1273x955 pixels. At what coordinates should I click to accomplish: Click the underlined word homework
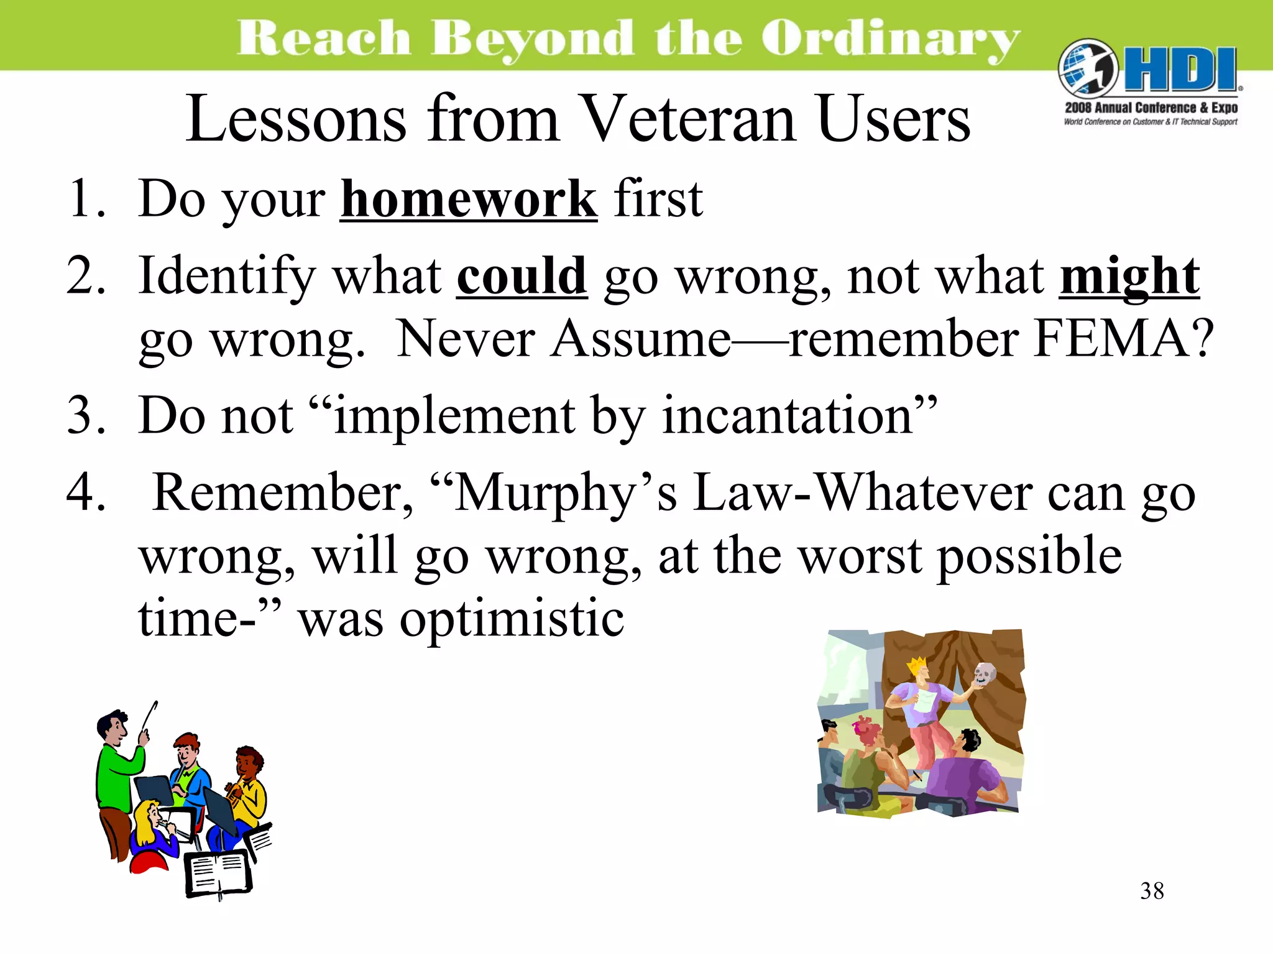tap(469, 200)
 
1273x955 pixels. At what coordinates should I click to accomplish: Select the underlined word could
tap(522, 276)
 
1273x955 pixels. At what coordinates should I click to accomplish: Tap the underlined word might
tap(1129, 276)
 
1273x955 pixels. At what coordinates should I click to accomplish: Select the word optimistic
tap(511, 619)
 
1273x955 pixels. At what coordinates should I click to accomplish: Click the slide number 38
tap(1152, 891)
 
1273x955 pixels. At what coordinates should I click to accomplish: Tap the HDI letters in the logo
tap(1179, 70)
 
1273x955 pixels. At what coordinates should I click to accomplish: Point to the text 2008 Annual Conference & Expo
tap(1151, 108)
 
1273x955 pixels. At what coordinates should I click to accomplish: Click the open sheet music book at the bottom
tap(218, 874)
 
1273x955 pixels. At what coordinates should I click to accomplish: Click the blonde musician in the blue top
tap(152, 830)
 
